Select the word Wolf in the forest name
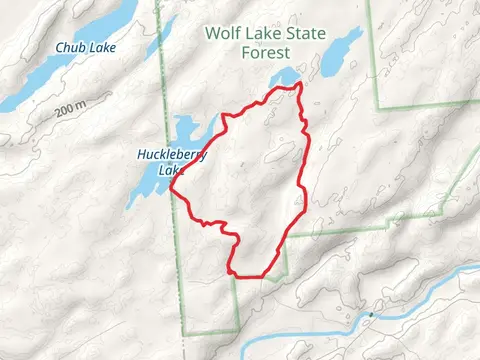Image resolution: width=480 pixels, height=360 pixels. pos(222,33)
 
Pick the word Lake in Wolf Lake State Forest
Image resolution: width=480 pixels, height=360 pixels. pos(262,33)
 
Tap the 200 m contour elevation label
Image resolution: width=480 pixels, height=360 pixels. pos(71,109)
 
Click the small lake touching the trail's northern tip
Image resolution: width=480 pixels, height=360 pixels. pos(286,77)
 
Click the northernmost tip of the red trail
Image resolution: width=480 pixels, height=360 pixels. pos(298,86)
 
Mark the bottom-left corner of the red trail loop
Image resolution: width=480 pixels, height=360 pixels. pos(233,272)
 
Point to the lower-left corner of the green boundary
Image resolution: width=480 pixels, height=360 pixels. pos(185,334)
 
